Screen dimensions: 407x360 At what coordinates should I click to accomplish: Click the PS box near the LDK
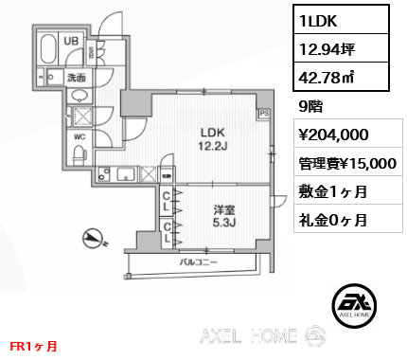[x=265, y=113]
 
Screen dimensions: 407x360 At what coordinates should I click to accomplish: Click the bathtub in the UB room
[x=47, y=46]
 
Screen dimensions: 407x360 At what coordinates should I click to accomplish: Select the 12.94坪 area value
[x=322, y=46]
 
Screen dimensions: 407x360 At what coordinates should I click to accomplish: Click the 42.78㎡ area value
[x=322, y=76]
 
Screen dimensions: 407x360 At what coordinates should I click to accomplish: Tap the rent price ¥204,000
[x=327, y=135]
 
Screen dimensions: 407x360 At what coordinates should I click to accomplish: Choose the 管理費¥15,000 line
[x=340, y=163]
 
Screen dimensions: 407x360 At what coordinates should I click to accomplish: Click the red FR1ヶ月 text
[x=32, y=347]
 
